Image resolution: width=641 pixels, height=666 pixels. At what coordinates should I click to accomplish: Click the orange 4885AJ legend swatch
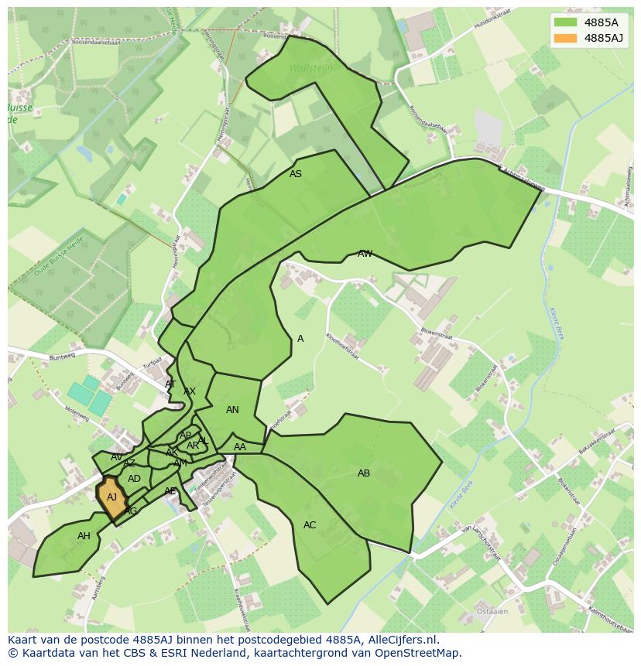pyautogui.click(x=565, y=38)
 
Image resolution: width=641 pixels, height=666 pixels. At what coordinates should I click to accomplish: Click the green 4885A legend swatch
pyautogui.click(x=565, y=22)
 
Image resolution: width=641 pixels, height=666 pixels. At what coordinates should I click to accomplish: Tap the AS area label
pyautogui.click(x=296, y=174)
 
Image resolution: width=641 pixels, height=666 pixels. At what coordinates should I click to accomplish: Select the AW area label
pyautogui.click(x=365, y=254)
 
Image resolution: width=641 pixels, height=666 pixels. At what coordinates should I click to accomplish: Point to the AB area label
pyautogui.click(x=364, y=473)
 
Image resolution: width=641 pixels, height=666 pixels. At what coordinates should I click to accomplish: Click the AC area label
pyautogui.click(x=310, y=525)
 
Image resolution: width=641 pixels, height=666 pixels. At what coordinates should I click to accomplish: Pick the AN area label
pyautogui.click(x=232, y=410)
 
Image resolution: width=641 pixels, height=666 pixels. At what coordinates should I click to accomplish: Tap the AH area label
pyautogui.click(x=84, y=536)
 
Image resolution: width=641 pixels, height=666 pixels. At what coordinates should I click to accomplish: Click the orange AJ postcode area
pyautogui.click(x=112, y=498)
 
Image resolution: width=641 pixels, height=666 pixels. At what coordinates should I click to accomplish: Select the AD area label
pyautogui.click(x=135, y=479)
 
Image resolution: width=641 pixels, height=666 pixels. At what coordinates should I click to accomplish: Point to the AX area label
pyautogui.click(x=190, y=391)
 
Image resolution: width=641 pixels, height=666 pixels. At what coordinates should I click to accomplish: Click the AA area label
pyautogui.click(x=240, y=447)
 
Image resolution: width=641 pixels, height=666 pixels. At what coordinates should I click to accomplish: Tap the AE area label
pyautogui.click(x=170, y=491)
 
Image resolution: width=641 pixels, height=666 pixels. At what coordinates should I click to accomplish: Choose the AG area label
pyautogui.click(x=131, y=511)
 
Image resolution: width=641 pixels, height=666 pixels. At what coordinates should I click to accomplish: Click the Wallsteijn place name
pyautogui.click(x=310, y=68)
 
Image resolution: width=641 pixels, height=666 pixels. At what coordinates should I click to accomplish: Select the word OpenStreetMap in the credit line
pyautogui.click(x=420, y=653)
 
